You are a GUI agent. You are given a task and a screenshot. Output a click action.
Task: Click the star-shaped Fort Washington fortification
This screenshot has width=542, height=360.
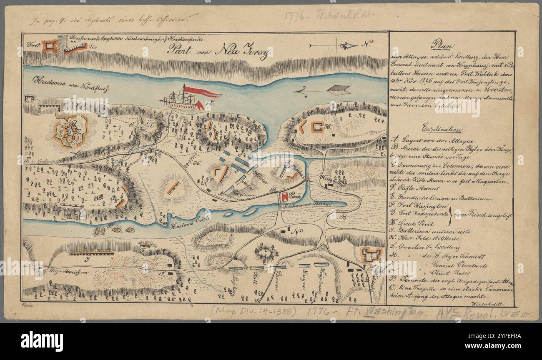click(70, 131)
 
